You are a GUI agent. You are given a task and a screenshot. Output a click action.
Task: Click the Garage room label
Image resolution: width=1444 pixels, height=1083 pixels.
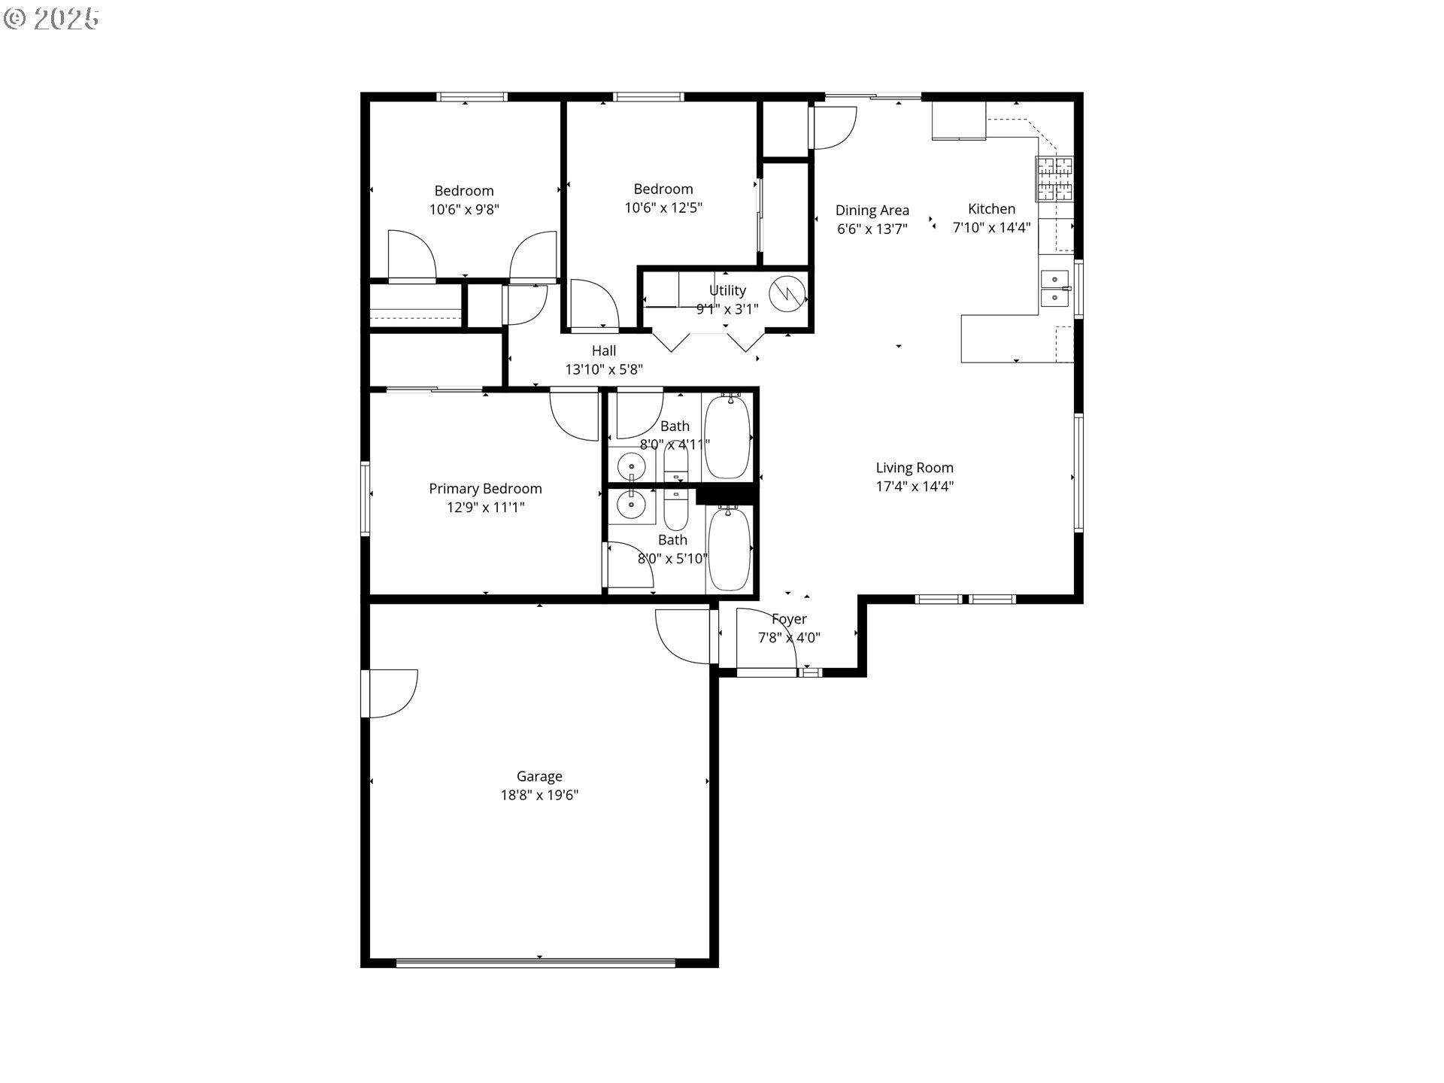pos(539,776)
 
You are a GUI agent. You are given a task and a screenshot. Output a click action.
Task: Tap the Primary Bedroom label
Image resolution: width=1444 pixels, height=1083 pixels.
pos(485,489)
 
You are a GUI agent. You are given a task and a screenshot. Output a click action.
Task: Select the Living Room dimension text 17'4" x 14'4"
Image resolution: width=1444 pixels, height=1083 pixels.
pos(915,486)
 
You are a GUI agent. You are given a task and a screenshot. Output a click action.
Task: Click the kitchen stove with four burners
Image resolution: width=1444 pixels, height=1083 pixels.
pos(1054,179)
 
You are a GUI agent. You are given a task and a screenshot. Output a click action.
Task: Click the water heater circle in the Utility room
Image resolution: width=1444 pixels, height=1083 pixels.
pos(787,292)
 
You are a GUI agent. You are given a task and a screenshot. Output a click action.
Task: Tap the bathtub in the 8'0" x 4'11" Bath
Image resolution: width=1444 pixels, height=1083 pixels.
pos(727,436)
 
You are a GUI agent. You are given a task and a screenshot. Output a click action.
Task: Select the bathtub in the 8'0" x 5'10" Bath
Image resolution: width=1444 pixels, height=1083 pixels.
pos(729,549)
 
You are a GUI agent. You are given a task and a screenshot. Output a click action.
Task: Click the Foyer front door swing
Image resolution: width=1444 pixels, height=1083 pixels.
pos(766,639)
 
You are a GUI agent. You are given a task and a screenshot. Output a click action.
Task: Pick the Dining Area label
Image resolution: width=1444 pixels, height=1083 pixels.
pos(872,211)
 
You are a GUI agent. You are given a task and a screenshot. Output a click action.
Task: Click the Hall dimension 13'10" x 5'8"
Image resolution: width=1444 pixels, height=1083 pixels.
pos(604,369)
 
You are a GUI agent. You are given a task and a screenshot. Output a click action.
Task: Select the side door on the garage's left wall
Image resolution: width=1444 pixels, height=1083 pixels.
pos(389,693)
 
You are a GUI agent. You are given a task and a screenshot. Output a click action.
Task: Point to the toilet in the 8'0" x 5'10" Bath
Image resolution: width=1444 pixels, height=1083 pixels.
pos(676,508)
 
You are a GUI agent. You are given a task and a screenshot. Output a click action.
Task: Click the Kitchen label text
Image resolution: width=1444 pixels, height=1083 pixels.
pos(991,209)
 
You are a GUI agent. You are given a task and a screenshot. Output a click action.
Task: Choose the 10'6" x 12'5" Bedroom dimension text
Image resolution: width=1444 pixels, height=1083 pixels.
pos(663,208)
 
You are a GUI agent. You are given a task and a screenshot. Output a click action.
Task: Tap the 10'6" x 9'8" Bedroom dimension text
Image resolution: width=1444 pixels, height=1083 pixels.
pos(464,209)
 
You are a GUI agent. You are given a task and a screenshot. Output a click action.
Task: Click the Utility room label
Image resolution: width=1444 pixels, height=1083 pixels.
pos(727,290)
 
